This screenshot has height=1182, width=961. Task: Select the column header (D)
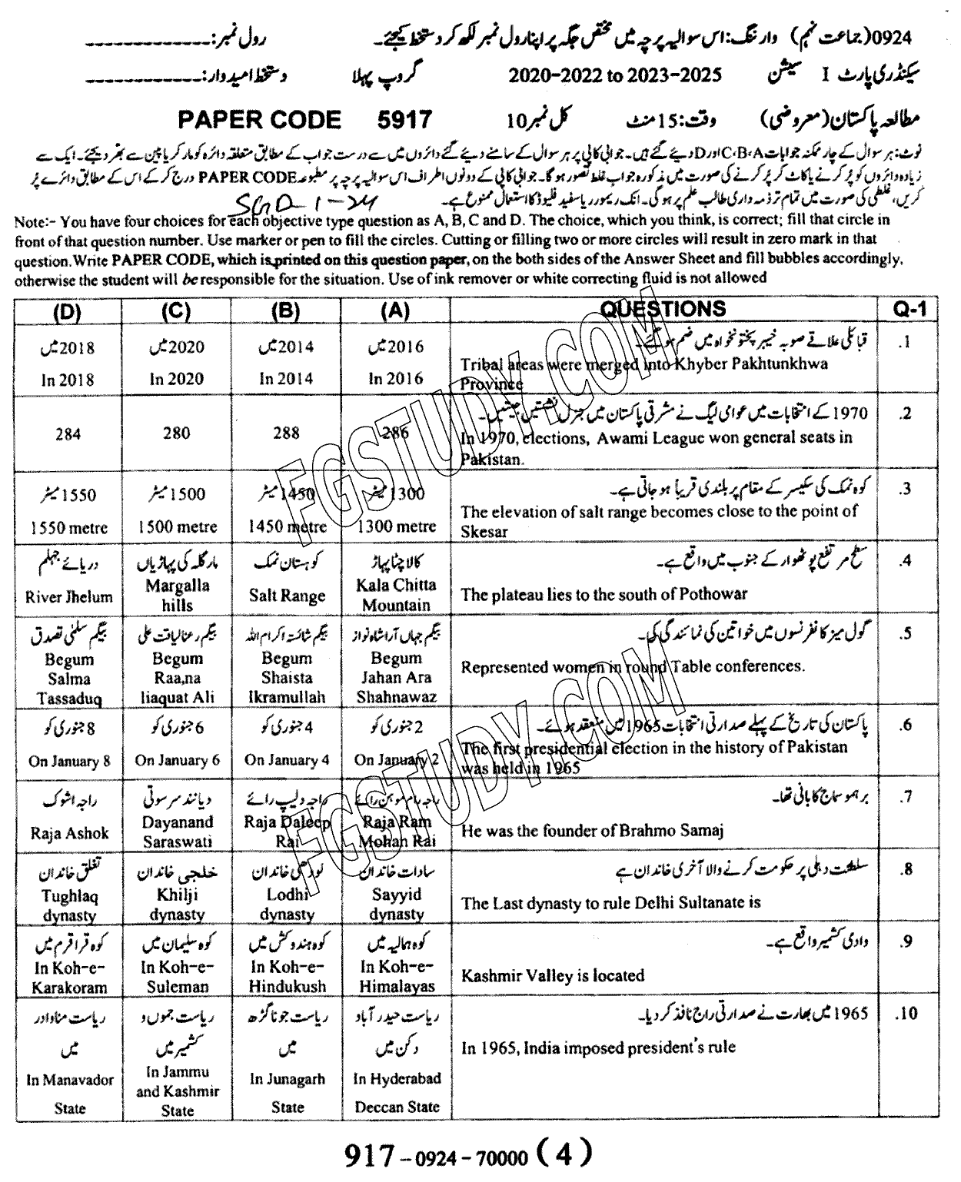tap(68, 310)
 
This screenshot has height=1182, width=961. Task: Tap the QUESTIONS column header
tap(662, 309)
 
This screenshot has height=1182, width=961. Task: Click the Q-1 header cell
tap(910, 309)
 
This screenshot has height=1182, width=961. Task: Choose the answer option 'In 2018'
tap(68, 379)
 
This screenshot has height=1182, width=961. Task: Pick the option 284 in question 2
tap(68, 434)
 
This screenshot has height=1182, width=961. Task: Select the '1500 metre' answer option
tap(178, 527)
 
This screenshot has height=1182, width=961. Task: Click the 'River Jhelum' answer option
tap(68, 596)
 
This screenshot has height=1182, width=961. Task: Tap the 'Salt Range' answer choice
tap(287, 596)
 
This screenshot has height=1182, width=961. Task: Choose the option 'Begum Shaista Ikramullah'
tap(287, 678)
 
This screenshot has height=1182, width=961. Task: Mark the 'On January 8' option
tap(68, 761)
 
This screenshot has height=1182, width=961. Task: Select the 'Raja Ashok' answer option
tap(68, 833)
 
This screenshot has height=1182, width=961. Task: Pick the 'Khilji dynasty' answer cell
tap(178, 905)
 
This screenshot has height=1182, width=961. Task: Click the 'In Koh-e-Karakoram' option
tap(68, 977)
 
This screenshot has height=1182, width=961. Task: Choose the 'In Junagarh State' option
tap(287, 1092)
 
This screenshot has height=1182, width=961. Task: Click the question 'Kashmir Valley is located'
tap(552, 976)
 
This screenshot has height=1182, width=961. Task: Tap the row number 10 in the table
tap(907, 1014)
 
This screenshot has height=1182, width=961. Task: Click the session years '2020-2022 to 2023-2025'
tap(615, 75)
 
